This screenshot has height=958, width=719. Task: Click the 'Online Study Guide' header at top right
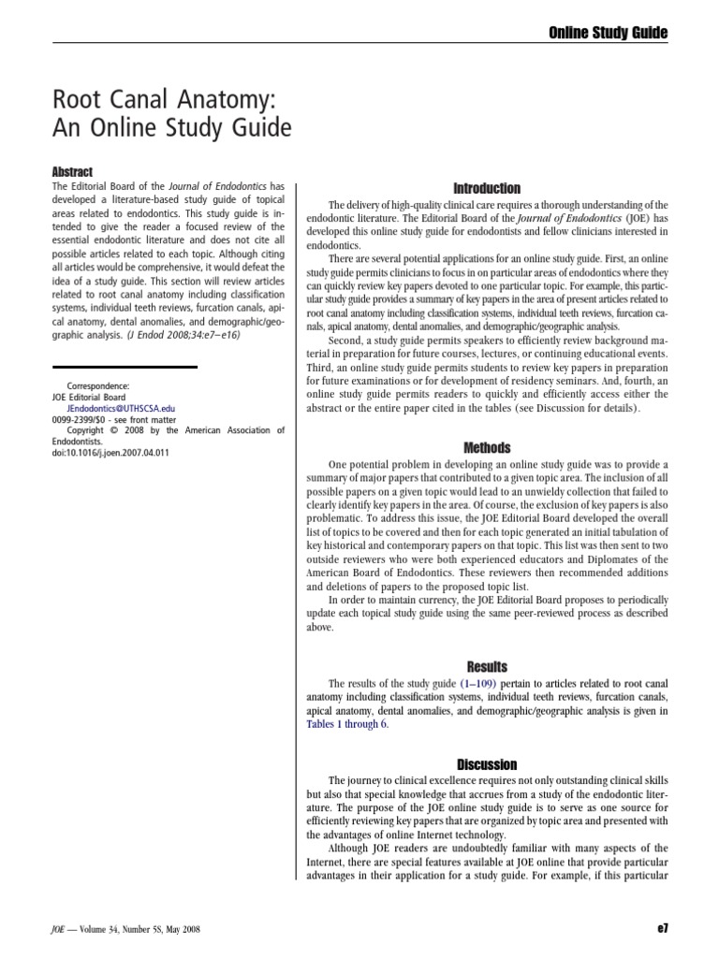click(608, 33)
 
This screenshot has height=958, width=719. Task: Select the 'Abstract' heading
click(70, 171)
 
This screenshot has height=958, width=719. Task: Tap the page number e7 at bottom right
click(664, 929)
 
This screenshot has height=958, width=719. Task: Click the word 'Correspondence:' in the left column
click(98, 385)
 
